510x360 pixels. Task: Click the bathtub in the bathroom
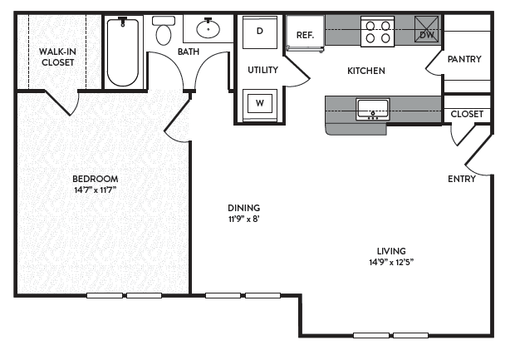(x=123, y=52)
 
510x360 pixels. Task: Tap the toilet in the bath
(x=164, y=31)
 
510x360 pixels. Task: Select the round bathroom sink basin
(x=208, y=28)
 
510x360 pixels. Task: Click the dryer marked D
(x=260, y=32)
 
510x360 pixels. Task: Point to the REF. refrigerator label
(x=305, y=35)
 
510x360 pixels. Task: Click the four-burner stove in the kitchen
(x=378, y=32)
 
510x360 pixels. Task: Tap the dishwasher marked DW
(x=426, y=29)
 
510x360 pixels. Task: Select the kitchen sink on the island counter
(x=373, y=109)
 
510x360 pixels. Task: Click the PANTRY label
(x=464, y=59)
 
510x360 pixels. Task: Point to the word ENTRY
(x=462, y=179)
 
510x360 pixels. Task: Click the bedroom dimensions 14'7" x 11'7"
(x=96, y=190)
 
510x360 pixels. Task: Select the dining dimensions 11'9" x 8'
(x=244, y=219)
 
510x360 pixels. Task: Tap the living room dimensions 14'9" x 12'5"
(x=391, y=262)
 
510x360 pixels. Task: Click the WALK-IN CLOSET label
(x=57, y=57)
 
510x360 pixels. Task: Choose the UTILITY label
(x=262, y=70)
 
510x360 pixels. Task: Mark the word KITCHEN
(x=366, y=71)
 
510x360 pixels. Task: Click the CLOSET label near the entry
(x=467, y=114)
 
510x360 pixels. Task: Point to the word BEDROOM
(x=96, y=179)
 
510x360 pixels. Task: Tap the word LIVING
(x=391, y=251)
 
